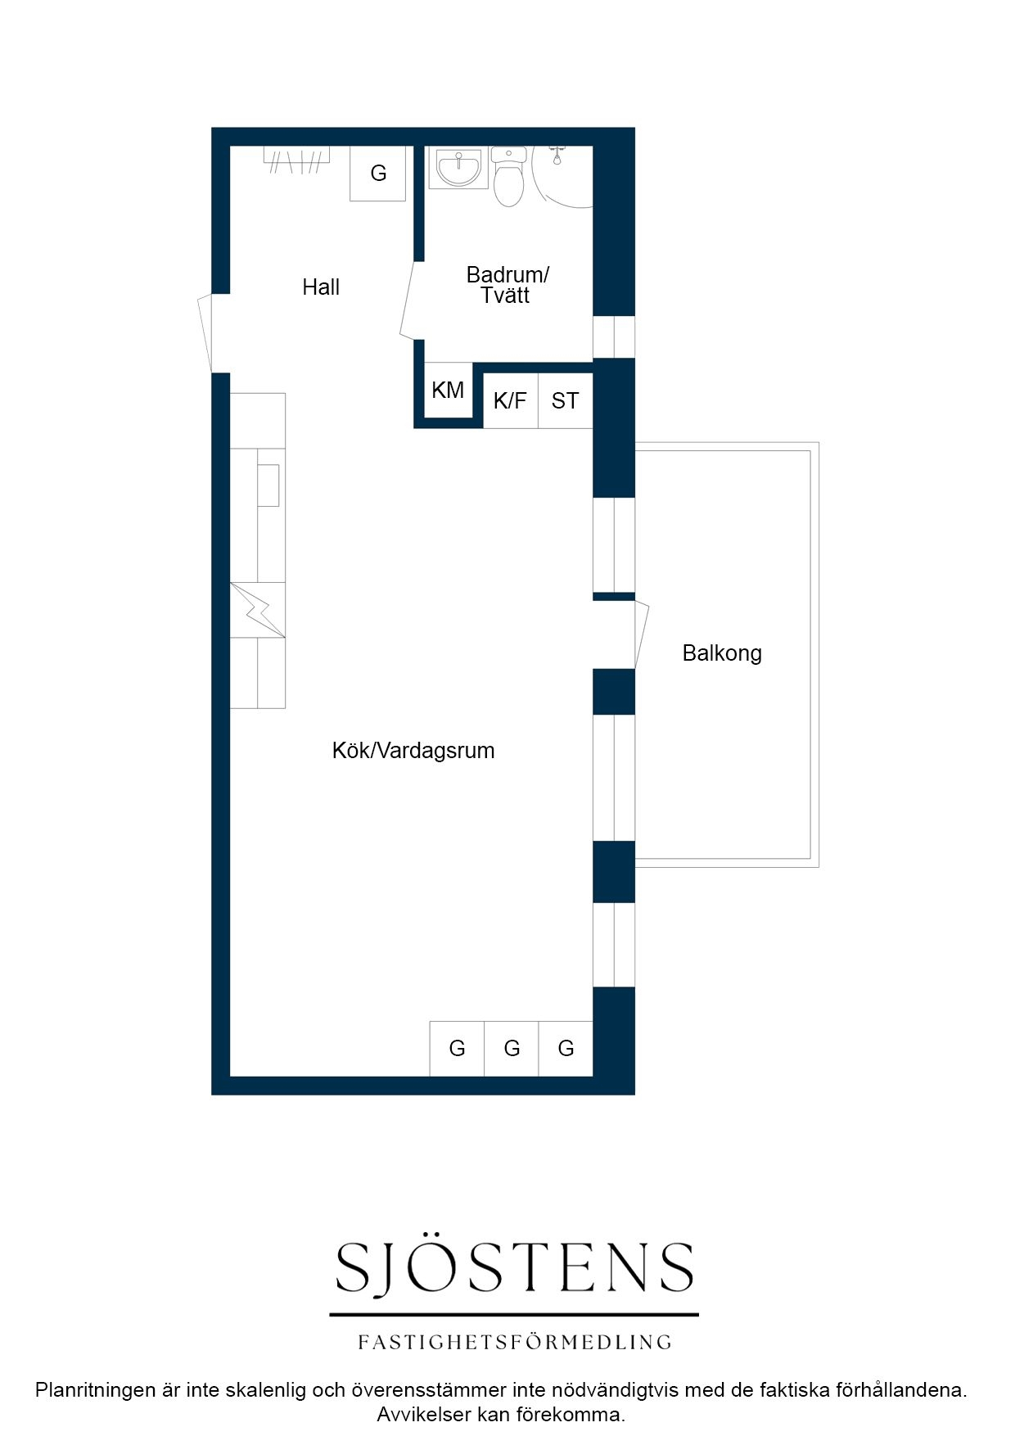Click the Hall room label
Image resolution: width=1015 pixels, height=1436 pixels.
tap(321, 287)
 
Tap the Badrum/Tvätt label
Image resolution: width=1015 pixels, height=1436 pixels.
tap(507, 285)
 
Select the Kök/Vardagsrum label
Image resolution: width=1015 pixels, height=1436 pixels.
tap(413, 751)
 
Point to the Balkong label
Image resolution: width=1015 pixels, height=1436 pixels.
tap(722, 653)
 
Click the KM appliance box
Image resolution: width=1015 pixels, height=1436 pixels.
tap(449, 391)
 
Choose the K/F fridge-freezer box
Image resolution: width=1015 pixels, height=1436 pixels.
tap(511, 400)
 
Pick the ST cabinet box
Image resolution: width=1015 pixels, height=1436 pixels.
tap(566, 400)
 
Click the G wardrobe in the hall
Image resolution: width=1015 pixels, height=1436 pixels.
tap(378, 174)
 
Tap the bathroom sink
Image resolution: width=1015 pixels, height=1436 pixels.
tap(458, 168)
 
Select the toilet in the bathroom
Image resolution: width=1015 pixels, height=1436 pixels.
tap(509, 176)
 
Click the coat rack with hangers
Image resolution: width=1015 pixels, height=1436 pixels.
tap(296, 160)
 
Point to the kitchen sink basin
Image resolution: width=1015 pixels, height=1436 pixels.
tap(268, 485)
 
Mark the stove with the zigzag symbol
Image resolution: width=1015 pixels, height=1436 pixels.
tap(258, 610)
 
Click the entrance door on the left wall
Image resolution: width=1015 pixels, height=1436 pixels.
tap(205, 333)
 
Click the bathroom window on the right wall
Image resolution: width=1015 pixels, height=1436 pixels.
tap(614, 336)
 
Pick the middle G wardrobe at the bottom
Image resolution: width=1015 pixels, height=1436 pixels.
tap(512, 1049)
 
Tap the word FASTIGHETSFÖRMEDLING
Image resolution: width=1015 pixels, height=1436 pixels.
tap(515, 1342)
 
